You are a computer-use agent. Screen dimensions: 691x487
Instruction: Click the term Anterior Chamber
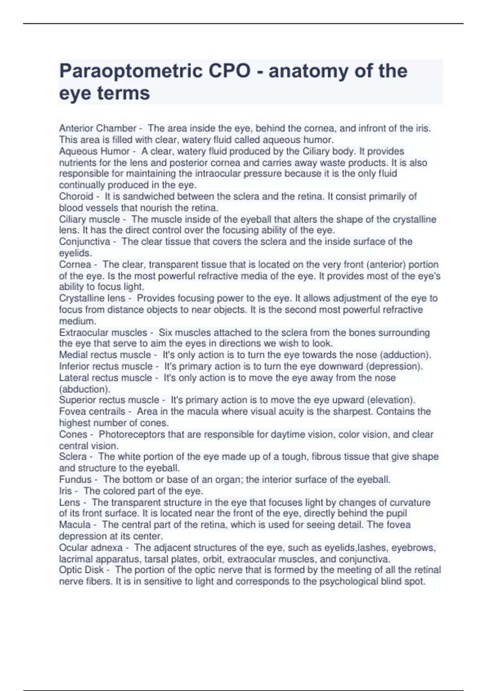[97, 128]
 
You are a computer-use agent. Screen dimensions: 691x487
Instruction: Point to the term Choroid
[76, 196]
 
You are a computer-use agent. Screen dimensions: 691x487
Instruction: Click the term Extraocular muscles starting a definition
[103, 332]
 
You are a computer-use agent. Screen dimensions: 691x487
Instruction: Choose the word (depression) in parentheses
[394, 366]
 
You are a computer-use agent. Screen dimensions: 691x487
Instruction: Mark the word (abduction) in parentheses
[84, 389]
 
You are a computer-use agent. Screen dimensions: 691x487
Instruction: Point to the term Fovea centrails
[92, 411]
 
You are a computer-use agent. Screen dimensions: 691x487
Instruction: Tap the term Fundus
[75, 480]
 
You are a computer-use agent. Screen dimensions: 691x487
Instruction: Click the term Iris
[65, 491]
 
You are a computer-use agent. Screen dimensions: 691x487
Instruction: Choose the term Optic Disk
[81, 570]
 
